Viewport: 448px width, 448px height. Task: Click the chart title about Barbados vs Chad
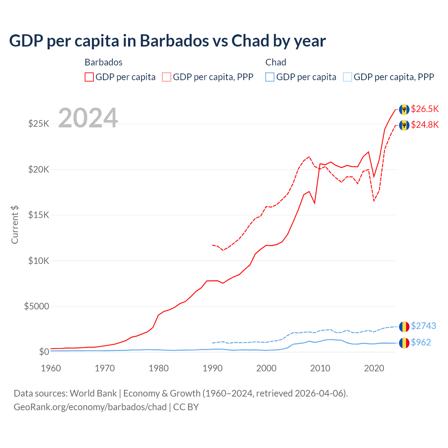[x=167, y=41]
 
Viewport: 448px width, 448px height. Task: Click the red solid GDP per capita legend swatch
[x=89, y=77]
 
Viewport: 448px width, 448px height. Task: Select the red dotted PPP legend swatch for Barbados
[x=167, y=77]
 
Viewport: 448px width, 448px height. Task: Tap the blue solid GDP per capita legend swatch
[x=270, y=77]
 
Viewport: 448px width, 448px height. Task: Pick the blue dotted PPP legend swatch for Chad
[x=348, y=77]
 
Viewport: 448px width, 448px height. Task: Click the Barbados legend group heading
[x=104, y=62]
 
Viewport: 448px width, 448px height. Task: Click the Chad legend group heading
[x=276, y=62]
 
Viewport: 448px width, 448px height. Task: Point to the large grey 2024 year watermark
[x=88, y=118]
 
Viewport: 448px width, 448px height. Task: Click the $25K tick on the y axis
[x=39, y=124]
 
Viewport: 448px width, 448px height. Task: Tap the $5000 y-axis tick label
[x=36, y=307]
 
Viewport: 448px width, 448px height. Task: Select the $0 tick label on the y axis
[x=44, y=352]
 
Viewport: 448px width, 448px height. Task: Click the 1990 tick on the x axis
[x=212, y=368]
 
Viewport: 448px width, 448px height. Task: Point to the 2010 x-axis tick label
[x=320, y=368]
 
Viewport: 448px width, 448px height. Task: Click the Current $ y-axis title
[x=15, y=225]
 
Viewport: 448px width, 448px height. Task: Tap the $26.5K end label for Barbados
[x=425, y=109]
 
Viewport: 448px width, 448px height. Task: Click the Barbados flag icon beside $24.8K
[x=404, y=125]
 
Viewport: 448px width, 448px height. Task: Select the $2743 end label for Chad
[x=423, y=326]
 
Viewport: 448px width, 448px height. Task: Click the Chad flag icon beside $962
[x=404, y=343]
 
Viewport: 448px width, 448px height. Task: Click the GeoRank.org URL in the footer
[x=90, y=407]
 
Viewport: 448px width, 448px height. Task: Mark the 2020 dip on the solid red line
[x=374, y=177]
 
